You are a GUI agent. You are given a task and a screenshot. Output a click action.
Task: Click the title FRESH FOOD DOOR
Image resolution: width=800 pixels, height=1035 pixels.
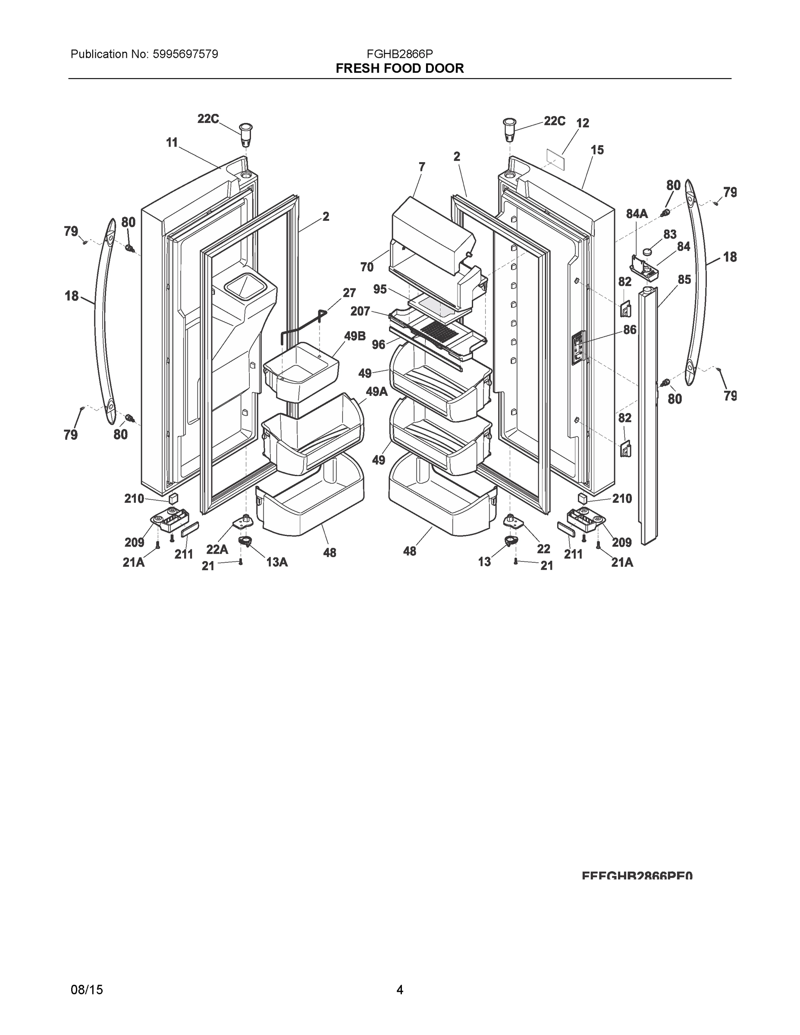[x=399, y=69]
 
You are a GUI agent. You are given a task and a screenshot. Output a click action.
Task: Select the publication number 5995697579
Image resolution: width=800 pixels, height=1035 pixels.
[x=185, y=54]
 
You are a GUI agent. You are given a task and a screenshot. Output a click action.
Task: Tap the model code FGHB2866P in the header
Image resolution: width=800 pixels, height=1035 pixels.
[x=399, y=54]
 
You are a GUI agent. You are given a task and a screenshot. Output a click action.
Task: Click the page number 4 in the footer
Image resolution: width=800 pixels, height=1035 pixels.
[x=399, y=990]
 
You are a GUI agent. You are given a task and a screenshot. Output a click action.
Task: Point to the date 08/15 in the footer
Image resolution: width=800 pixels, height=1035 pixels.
[x=87, y=990]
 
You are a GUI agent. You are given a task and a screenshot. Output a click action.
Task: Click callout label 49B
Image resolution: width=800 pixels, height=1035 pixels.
[x=355, y=336]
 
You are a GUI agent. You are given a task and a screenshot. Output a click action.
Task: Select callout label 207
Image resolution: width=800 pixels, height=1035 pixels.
[x=360, y=311]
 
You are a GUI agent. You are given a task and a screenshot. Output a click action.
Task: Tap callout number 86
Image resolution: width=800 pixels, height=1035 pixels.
[x=629, y=330]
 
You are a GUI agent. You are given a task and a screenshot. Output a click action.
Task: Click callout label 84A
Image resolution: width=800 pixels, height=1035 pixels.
[x=637, y=214]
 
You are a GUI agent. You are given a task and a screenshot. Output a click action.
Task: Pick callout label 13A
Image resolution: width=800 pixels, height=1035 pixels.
[x=277, y=562]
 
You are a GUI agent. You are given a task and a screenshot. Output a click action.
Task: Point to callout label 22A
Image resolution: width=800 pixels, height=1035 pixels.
[x=217, y=549]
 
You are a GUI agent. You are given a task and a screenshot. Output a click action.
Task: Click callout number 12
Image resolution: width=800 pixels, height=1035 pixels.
[x=583, y=123]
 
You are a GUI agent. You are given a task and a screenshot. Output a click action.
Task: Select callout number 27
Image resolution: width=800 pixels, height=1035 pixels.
[x=349, y=293]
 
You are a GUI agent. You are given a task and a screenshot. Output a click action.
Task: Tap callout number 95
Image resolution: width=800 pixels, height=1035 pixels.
[x=380, y=289]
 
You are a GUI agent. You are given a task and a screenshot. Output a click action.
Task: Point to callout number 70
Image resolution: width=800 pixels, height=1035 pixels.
[x=367, y=267]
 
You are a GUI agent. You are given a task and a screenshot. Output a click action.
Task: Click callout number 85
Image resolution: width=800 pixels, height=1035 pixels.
[x=684, y=279]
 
